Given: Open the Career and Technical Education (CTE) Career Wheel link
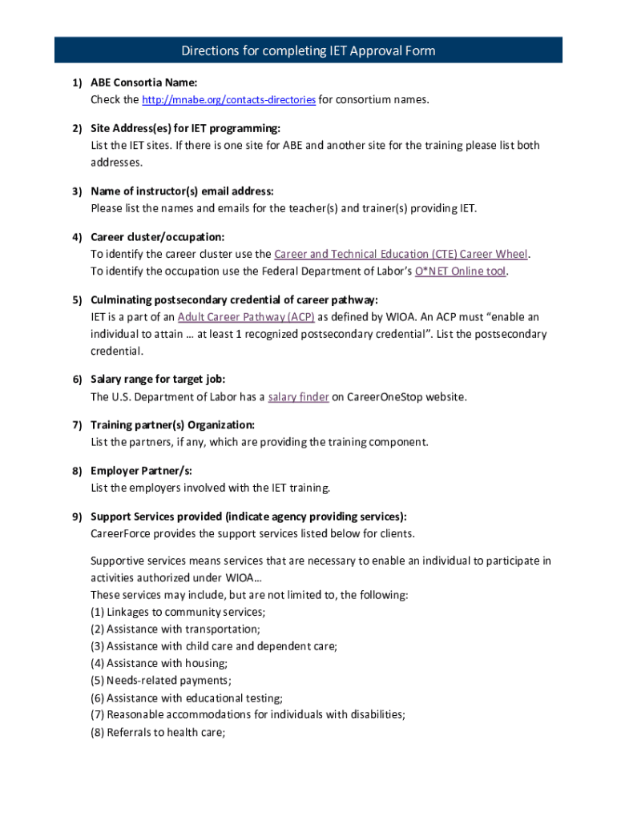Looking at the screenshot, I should [401, 255].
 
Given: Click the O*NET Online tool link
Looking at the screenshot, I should [461, 271].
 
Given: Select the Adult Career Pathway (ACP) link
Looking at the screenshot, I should [246, 317].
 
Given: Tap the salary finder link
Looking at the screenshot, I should [298, 397].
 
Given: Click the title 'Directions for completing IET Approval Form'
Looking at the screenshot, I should [308, 51].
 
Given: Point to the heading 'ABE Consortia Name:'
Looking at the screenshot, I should [143, 82].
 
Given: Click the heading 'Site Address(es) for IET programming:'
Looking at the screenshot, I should [185, 128].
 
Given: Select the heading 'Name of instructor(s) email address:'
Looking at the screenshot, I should [182, 191].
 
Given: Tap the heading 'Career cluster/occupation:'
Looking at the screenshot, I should [157, 237].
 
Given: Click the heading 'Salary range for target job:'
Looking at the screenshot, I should [158, 380].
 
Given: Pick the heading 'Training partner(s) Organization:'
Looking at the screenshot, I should [172, 425].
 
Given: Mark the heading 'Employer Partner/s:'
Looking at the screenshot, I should [141, 471].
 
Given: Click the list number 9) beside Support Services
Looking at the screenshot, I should [77, 517].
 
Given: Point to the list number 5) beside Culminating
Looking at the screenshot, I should [77, 300].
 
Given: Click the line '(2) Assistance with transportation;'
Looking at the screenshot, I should [175, 629].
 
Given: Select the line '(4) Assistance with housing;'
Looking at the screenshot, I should [159, 664].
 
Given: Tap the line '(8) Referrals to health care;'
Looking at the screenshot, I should [158, 732].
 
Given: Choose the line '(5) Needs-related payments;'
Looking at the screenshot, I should [161, 681].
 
